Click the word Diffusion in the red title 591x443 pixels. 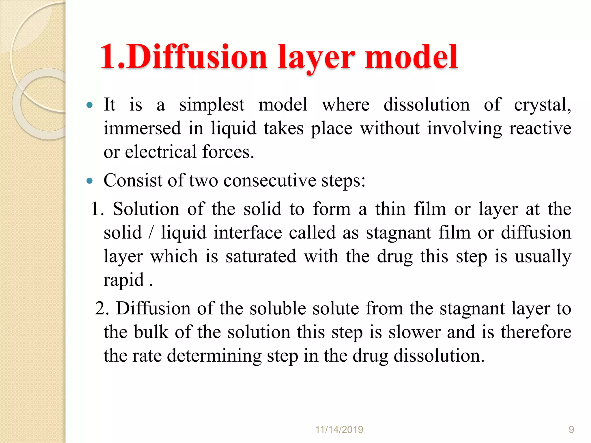point(197,57)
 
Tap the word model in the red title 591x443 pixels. point(411,57)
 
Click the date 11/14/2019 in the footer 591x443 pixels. point(339,430)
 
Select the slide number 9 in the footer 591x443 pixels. point(571,430)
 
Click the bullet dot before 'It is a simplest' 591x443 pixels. point(89,105)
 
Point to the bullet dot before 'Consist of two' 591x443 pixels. point(89,181)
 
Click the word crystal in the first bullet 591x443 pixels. point(542,105)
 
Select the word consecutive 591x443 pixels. point(270,181)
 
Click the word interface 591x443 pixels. point(248,233)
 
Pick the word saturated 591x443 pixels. point(261,256)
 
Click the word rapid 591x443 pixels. point(124,280)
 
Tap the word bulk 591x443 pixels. point(151,332)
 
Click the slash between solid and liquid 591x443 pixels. point(151,233)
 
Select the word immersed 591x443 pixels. point(142,129)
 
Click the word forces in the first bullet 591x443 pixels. point(228,152)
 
